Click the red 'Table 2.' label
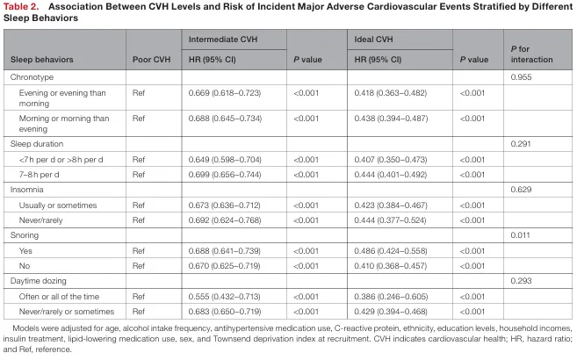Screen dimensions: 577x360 21,7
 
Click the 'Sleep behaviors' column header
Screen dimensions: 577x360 41,60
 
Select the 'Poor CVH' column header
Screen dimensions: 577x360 151,60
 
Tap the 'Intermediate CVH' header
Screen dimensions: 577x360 223,40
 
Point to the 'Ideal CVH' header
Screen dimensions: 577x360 373,40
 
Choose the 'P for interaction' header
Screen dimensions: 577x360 531,54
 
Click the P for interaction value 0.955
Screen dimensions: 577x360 521,77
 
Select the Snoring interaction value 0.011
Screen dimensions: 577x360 520,235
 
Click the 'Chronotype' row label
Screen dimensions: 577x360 32,77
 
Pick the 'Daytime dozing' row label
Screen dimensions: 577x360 39,281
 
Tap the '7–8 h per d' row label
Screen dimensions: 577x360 39,175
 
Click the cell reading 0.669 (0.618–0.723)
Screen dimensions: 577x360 225,93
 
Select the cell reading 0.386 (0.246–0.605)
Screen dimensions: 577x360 391,297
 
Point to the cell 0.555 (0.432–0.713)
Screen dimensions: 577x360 225,297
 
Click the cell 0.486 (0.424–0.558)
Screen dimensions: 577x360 391,251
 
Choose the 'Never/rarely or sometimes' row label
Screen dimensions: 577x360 67,312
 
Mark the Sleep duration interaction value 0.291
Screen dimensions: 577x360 521,144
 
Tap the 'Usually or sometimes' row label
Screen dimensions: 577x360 58,205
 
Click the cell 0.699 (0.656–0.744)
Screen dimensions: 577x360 225,175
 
